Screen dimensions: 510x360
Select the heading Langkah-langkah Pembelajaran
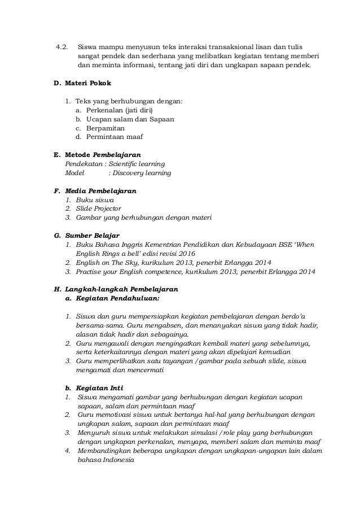121,289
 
